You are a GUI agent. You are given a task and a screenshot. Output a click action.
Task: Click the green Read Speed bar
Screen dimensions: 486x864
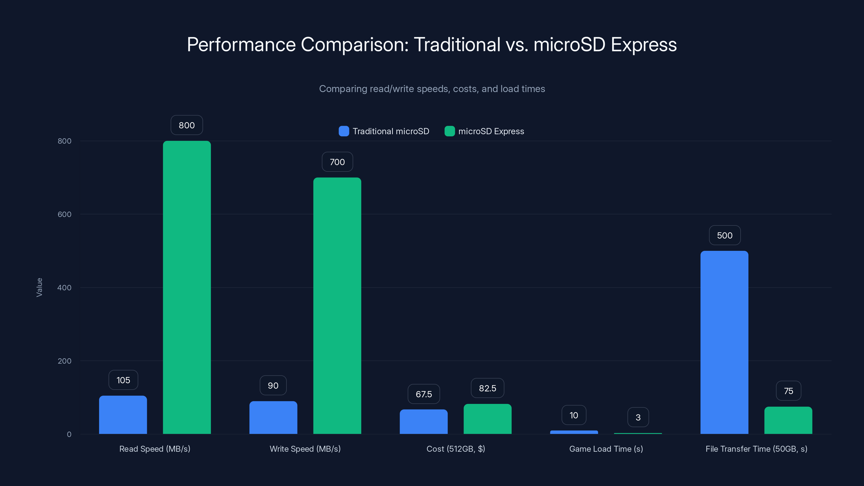click(x=187, y=287)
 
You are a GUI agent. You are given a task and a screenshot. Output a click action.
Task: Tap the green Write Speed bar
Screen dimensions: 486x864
click(x=337, y=306)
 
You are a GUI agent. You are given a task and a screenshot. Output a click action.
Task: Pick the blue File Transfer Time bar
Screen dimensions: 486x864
click(x=724, y=342)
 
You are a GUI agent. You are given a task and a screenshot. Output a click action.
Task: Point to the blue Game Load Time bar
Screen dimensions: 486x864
click(x=574, y=432)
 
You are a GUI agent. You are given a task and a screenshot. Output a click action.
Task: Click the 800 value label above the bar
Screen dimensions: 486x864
click(x=187, y=125)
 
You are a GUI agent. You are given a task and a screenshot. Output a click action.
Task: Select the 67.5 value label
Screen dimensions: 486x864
click(x=424, y=394)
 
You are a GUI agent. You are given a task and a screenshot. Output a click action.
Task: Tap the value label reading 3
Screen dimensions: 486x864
click(x=638, y=417)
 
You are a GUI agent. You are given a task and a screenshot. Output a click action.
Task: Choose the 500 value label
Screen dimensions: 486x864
click(x=724, y=235)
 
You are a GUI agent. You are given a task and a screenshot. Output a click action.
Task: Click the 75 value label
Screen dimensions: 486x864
click(x=788, y=391)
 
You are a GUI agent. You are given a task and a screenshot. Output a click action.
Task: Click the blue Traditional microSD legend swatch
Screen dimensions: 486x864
click(x=344, y=131)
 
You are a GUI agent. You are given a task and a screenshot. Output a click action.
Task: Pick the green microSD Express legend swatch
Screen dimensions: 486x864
click(x=450, y=131)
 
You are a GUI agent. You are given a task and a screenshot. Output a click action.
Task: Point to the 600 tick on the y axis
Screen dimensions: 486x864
click(x=65, y=214)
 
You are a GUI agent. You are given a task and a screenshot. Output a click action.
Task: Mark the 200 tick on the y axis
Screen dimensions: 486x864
click(x=65, y=361)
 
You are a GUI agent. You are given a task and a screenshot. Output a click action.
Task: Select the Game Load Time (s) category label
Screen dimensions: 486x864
click(x=606, y=449)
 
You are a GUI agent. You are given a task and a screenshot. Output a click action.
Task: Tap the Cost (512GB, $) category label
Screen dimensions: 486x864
click(x=455, y=449)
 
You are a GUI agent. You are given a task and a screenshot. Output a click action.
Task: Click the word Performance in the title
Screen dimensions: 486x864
click(x=241, y=45)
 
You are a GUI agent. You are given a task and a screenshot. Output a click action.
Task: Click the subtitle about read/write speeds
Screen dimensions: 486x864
click(x=432, y=89)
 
